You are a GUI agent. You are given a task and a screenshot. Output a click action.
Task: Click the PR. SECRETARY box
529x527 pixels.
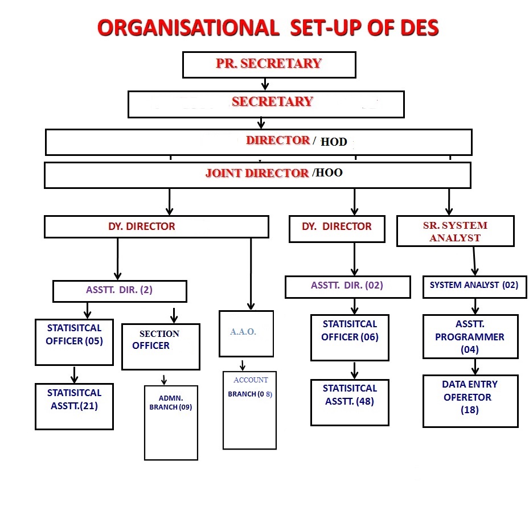tap(269, 64)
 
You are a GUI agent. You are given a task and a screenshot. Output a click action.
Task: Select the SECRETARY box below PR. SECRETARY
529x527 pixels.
tap(266, 104)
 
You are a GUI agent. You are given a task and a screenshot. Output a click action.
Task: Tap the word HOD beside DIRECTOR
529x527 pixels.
tap(334, 142)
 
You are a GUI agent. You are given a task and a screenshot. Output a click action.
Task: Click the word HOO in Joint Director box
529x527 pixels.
tap(329, 173)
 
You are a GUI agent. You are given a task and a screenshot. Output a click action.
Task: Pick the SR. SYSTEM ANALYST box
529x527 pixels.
tap(455, 231)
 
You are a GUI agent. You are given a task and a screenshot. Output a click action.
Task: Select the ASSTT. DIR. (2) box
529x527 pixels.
tap(120, 291)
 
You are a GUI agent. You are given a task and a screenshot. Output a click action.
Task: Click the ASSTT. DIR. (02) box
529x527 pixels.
tap(347, 286)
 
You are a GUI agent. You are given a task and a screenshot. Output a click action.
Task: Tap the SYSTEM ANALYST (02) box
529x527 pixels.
tap(474, 286)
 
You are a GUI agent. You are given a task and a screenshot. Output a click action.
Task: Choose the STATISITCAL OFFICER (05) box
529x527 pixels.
tap(74, 341)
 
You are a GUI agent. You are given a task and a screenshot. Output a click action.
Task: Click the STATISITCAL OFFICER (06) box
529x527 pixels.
tap(350, 337)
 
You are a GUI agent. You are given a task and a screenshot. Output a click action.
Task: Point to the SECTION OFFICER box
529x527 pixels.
tap(161, 347)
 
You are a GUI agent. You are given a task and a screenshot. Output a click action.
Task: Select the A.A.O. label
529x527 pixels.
tap(243, 332)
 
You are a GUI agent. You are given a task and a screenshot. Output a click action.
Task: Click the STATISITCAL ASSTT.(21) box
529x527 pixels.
tap(74, 406)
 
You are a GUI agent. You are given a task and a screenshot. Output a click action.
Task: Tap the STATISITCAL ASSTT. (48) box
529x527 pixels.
tap(350, 401)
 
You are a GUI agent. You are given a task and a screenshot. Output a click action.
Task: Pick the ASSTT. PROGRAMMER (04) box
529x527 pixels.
tap(470, 337)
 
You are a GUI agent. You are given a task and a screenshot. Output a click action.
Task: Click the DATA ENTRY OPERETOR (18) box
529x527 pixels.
tap(470, 400)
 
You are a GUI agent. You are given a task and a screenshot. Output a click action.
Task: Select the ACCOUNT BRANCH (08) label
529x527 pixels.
tap(250, 388)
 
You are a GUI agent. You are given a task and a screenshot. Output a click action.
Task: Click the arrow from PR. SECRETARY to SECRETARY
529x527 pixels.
tap(265, 84)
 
